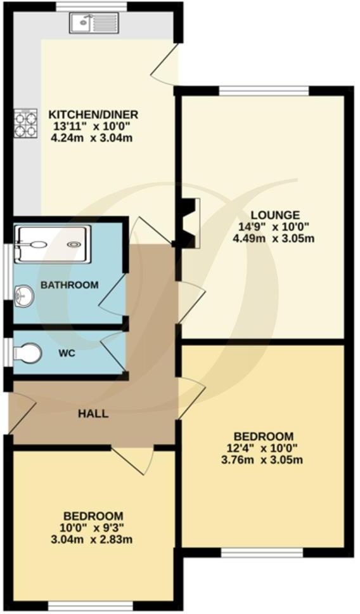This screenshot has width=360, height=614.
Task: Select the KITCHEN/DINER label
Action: [93, 115]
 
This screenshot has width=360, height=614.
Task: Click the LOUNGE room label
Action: [274, 215]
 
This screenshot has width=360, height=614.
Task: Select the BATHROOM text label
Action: [70, 285]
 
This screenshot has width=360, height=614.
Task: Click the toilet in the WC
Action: [28, 352]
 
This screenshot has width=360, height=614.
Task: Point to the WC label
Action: [67, 353]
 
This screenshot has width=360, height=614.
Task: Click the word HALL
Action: [93, 414]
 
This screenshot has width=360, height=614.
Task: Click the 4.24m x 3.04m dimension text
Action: [93, 138]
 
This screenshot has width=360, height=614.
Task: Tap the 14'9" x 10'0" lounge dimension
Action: [274, 227]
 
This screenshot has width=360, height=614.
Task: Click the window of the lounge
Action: [264, 90]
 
